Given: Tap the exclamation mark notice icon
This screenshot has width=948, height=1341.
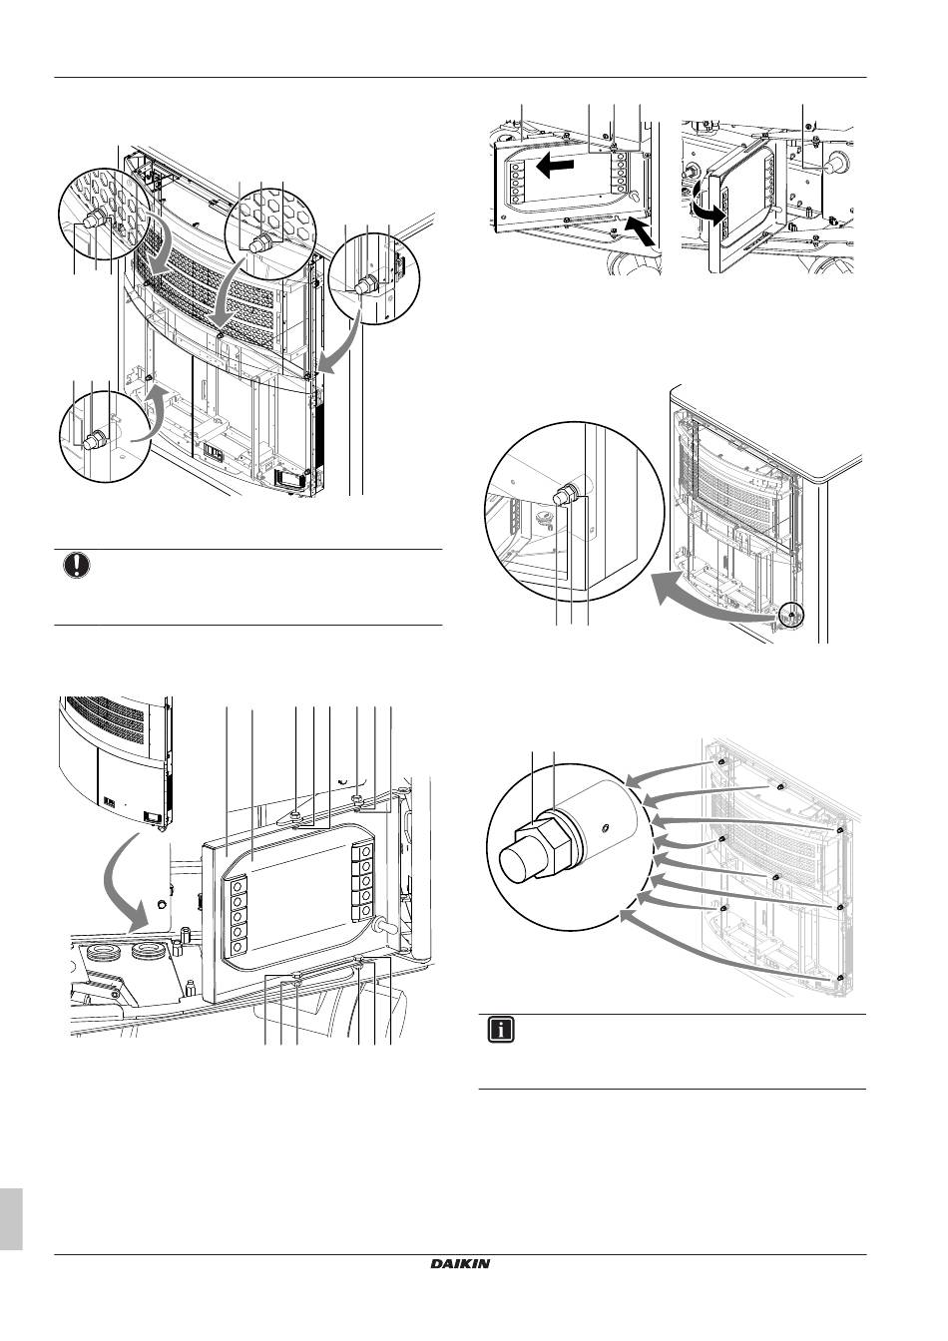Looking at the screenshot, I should click(76, 565).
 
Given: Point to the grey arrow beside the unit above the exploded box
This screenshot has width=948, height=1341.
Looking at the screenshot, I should click(135, 837).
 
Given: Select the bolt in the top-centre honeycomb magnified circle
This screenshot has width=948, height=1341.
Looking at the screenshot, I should click(262, 241).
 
